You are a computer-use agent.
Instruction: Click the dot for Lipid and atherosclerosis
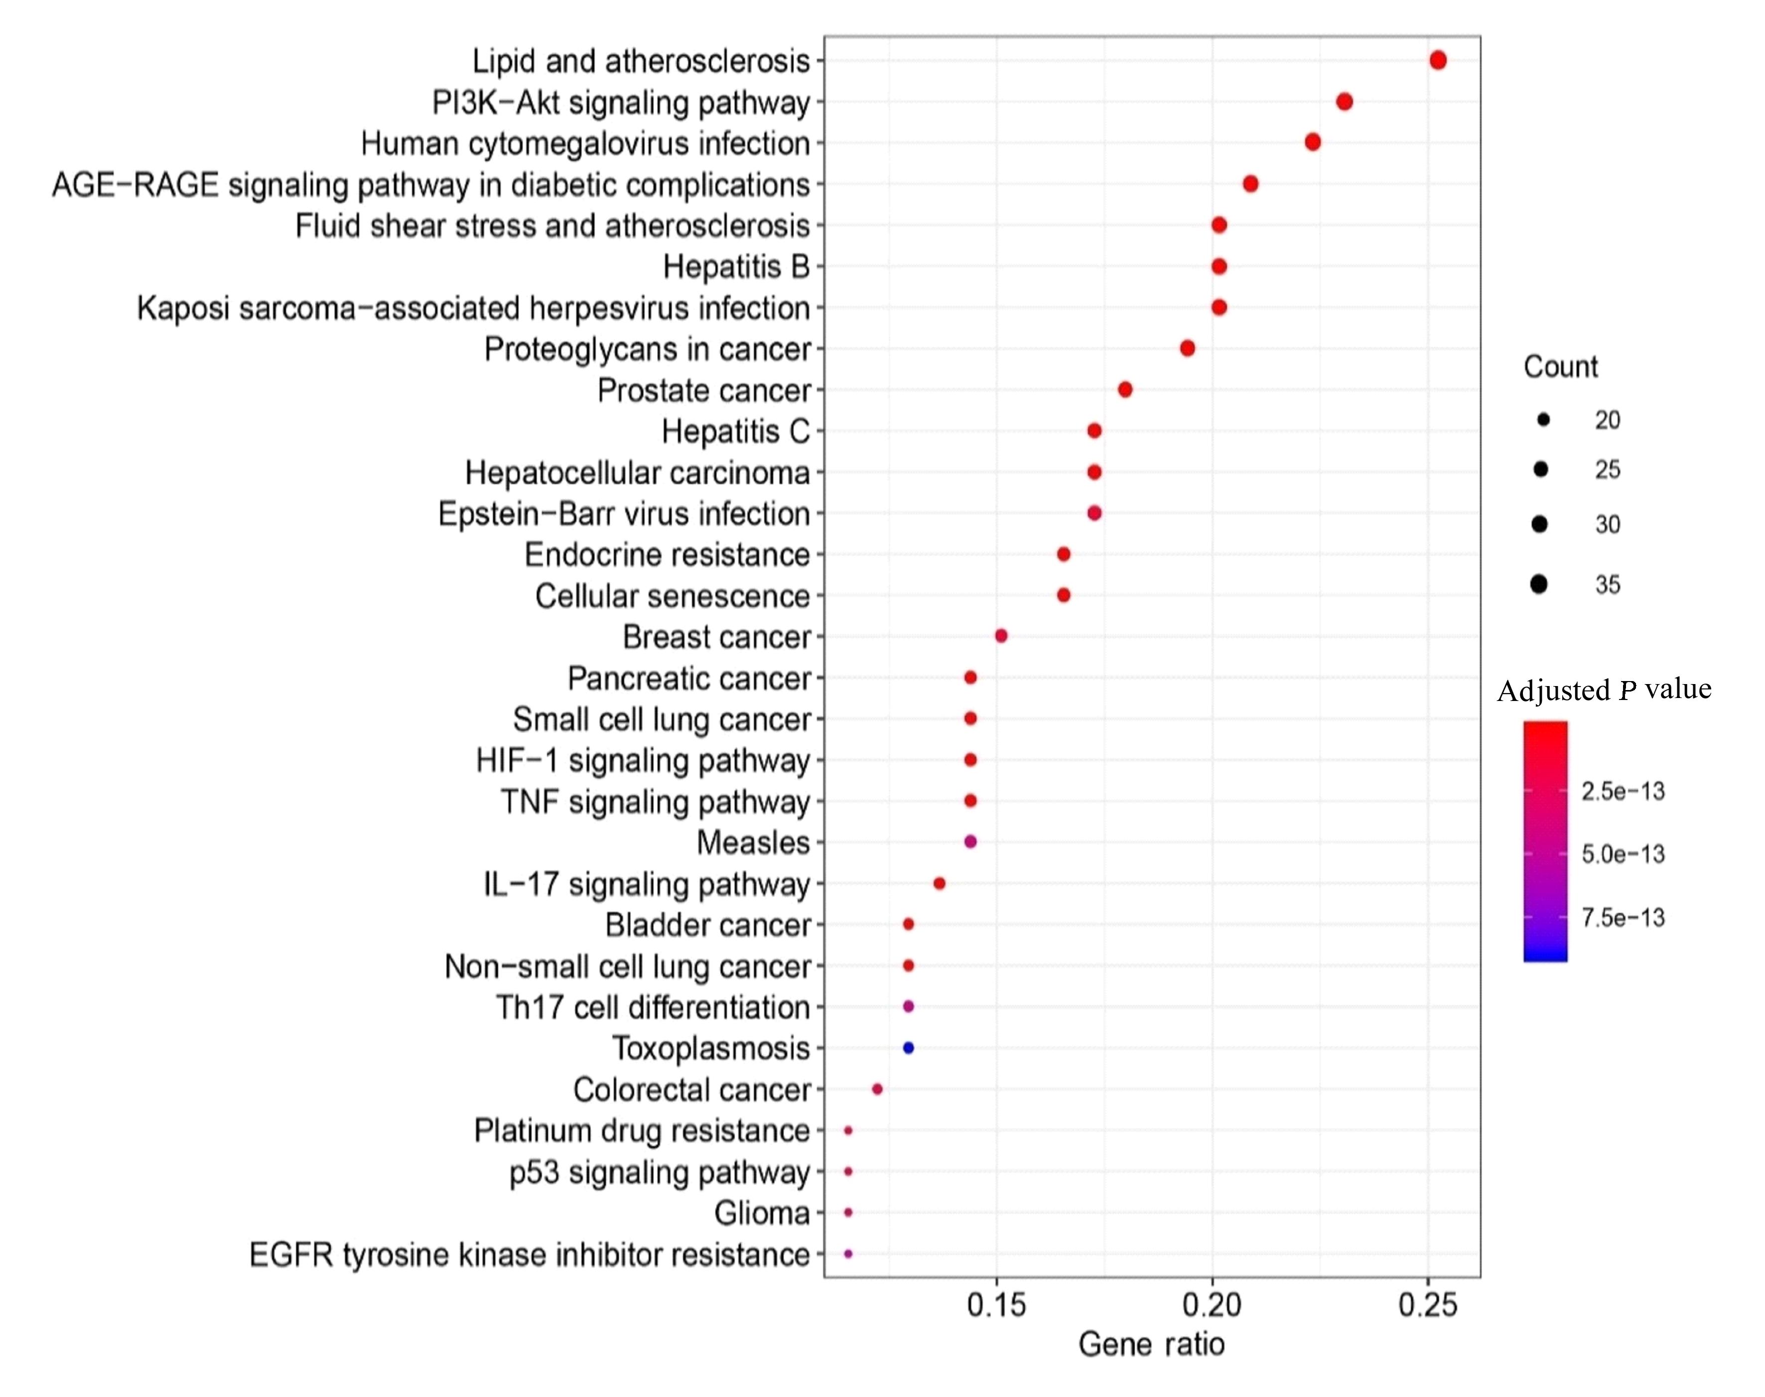click(1438, 60)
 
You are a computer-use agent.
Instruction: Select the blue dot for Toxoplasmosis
click(908, 1048)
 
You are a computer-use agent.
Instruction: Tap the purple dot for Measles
click(971, 841)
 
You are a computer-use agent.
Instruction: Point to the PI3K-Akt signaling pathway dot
click(1344, 102)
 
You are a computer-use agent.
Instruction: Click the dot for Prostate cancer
click(1125, 389)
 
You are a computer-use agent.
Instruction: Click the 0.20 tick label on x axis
click(1212, 1304)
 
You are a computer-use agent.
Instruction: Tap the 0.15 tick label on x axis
click(996, 1304)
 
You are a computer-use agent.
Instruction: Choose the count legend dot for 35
click(1539, 584)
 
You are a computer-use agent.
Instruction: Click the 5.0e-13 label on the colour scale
click(1623, 854)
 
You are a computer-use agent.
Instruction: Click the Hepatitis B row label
click(736, 267)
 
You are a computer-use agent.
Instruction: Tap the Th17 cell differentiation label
click(653, 1007)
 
